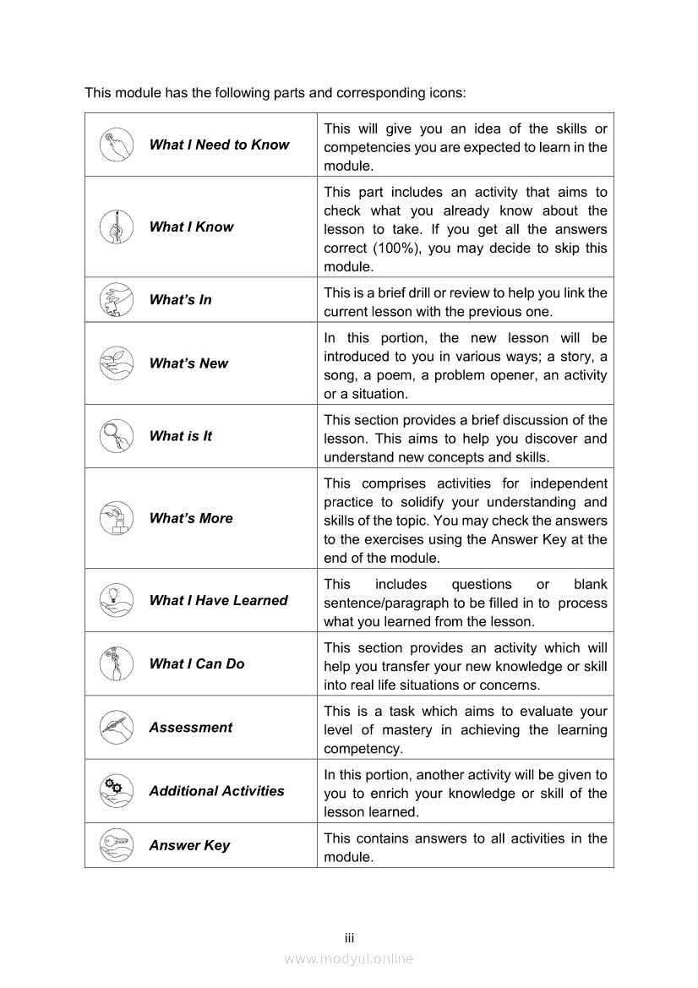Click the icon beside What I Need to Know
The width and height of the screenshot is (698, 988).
tap(117, 145)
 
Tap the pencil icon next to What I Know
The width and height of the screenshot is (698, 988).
tap(117, 227)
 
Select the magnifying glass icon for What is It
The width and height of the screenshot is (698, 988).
tap(117, 436)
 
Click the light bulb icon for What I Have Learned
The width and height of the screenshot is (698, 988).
tap(117, 600)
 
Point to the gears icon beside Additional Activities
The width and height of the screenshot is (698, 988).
tap(117, 791)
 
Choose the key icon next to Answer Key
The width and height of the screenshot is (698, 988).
tap(117, 845)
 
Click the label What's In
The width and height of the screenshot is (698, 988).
tap(180, 300)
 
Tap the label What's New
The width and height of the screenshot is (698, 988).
tap(188, 363)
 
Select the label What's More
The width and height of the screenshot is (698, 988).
tap(191, 518)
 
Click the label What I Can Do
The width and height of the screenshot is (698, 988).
tap(197, 664)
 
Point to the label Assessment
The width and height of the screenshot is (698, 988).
tap(190, 728)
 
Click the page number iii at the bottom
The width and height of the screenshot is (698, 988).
tap(349, 938)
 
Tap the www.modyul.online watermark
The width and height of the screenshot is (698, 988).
tap(349, 958)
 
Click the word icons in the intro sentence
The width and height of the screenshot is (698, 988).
tap(444, 92)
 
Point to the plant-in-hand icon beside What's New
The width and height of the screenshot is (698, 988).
tap(117, 363)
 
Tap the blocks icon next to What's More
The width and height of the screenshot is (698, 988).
tap(117, 518)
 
